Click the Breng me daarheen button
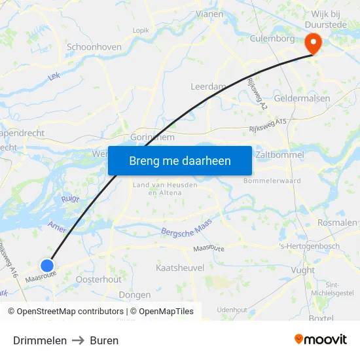tap(180, 160)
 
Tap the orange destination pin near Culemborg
tap(314, 43)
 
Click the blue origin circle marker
tap(47, 265)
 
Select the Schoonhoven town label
tap(94, 48)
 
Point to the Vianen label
tap(210, 13)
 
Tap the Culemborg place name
tap(272, 39)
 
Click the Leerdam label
tap(207, 86)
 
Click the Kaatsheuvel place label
tap(181, 268)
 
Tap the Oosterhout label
tap(99, 279)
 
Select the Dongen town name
tap(135, 295)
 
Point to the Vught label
tap(302, 270)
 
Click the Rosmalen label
tap(336, 223)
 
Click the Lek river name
tap(54, 77)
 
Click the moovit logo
tap(321, 340)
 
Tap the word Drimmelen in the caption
tap(40, 340)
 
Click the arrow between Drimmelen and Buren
tap(79, 340)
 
